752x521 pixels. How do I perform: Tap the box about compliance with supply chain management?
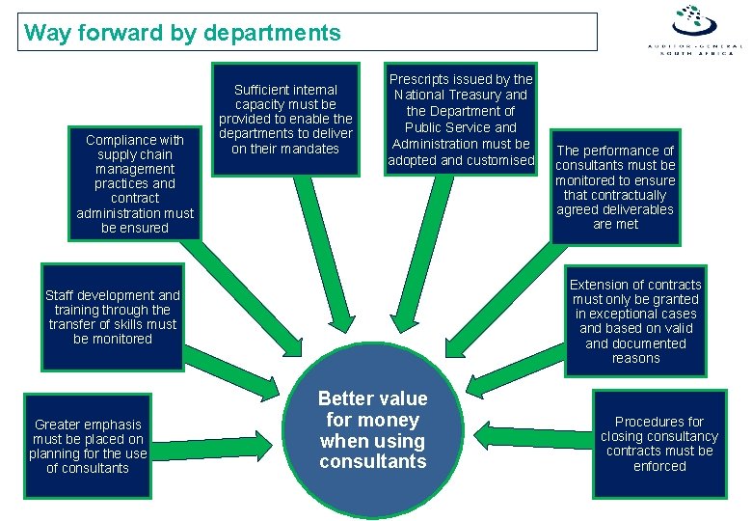click(135, 183)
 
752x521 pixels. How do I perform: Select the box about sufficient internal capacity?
click(285, 119)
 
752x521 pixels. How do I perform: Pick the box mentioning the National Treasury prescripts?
click(461, 120)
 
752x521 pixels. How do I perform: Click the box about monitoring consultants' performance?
click(616, 187)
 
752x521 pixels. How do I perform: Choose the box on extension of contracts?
click(635, 321)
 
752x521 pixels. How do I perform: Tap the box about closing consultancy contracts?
click(659, 444)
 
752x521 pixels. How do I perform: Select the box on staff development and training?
click(113, 316)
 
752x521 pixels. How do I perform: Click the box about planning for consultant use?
click(88, 446)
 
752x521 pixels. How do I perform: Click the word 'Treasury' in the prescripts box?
click(504, 95)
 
